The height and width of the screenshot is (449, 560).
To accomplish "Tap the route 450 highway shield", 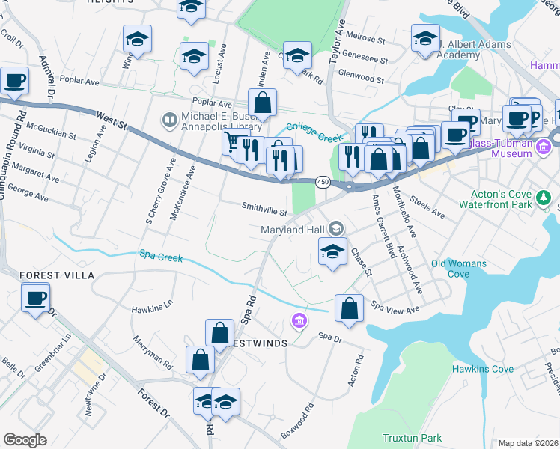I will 322,182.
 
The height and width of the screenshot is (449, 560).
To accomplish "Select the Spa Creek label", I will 161,257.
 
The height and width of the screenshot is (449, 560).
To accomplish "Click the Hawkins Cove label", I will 482,369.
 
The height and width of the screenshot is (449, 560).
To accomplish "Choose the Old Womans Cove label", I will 459,269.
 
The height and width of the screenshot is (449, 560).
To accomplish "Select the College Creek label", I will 314,129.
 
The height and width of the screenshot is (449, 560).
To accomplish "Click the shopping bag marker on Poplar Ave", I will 263,103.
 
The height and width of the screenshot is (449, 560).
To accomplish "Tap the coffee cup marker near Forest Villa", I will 35,299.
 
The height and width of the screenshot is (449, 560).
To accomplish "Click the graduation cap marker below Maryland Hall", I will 332,252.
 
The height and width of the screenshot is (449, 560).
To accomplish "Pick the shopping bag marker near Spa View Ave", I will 349,308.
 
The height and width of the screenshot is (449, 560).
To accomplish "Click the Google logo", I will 25,440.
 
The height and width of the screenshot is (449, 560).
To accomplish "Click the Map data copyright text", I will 528,443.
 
